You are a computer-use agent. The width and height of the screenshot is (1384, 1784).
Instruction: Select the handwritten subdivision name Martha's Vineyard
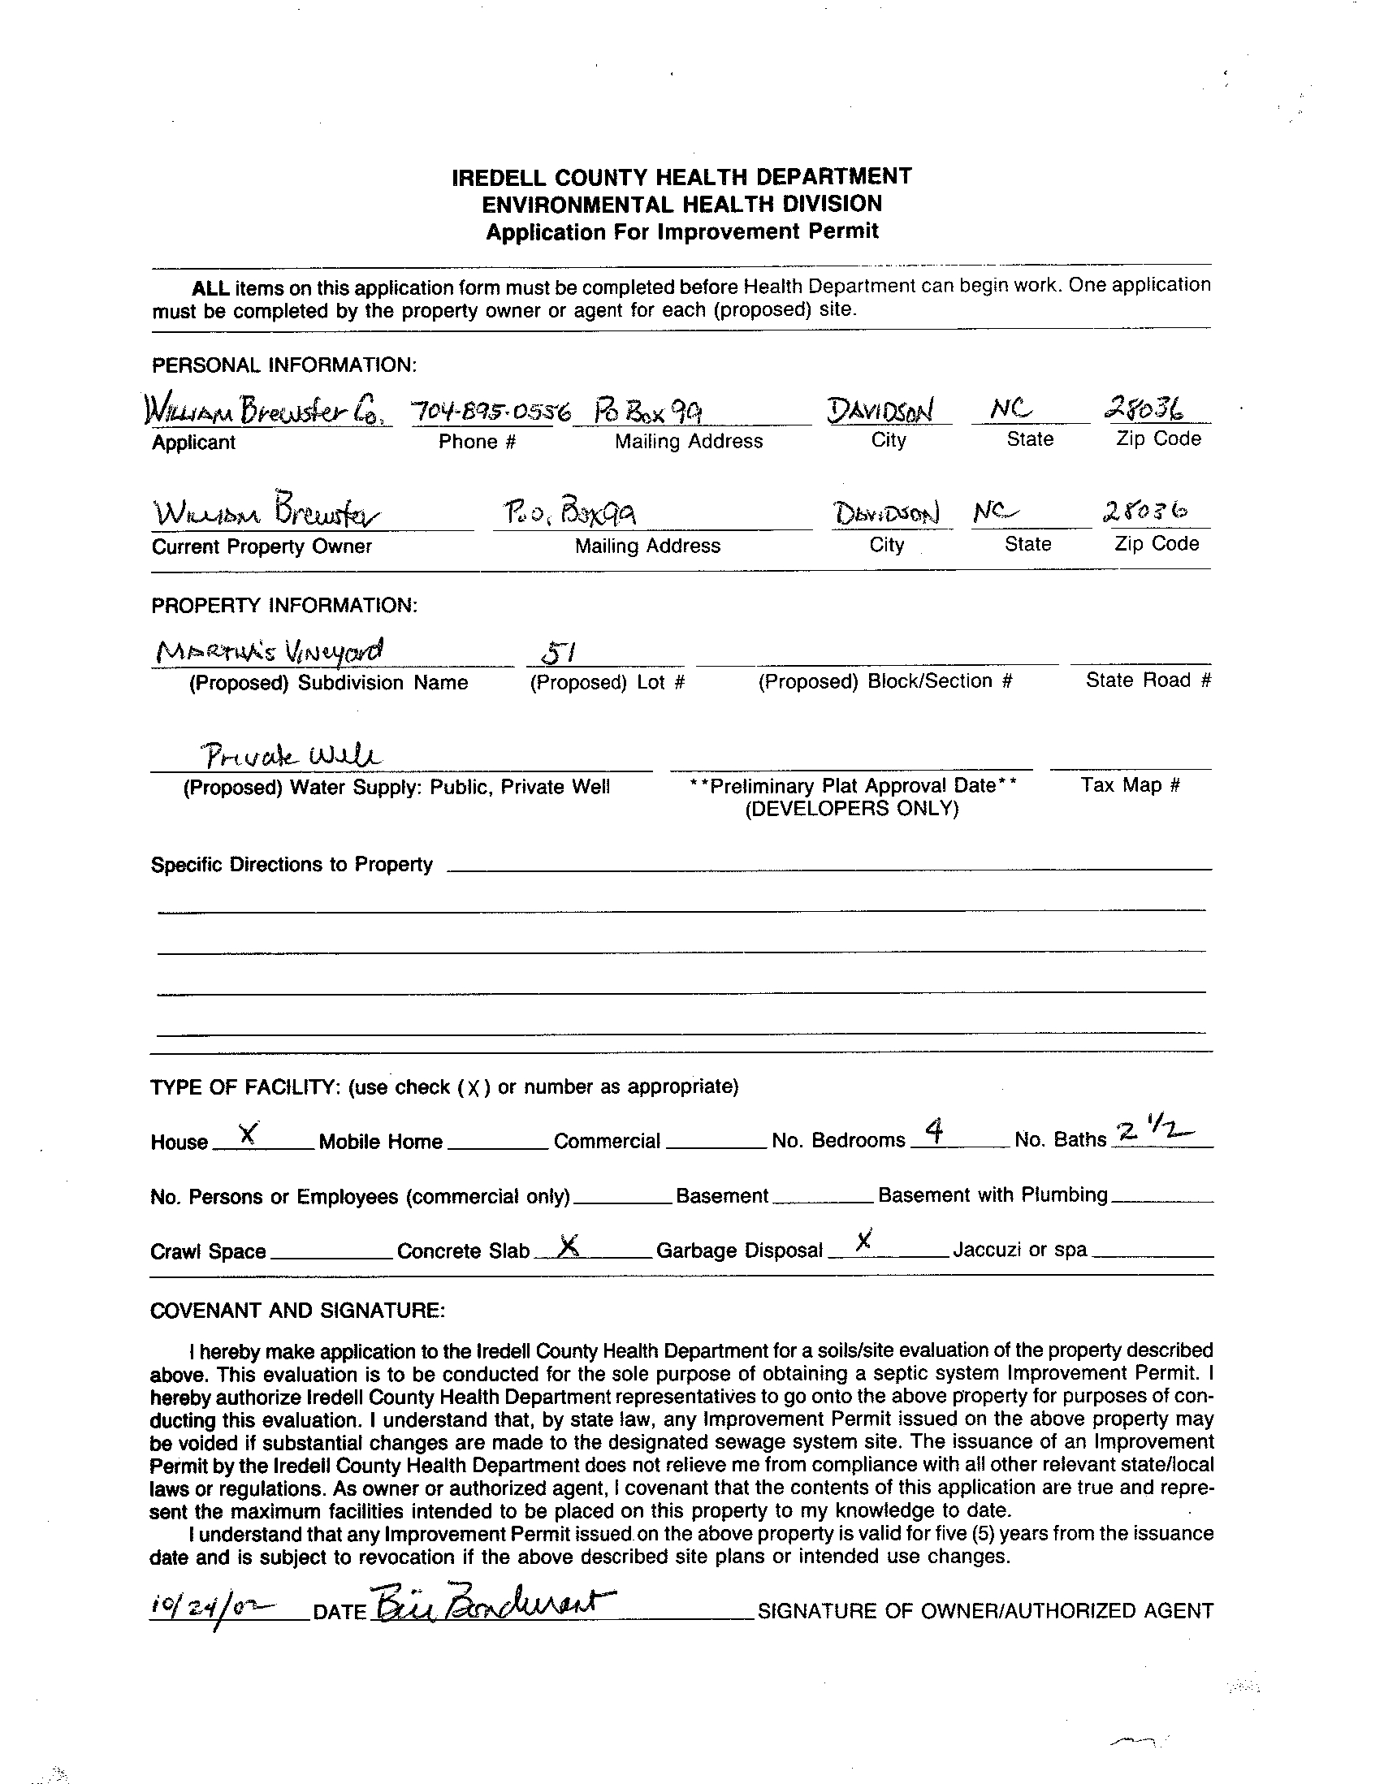(269, 652)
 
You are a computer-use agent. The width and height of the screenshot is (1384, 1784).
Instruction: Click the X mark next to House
(249, 1132)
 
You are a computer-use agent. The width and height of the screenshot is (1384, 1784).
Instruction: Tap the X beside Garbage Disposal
(863, 1241)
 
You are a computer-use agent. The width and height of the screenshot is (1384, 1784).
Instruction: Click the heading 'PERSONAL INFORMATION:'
(284, 365)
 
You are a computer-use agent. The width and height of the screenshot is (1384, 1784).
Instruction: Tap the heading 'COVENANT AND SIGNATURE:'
(297, 1311)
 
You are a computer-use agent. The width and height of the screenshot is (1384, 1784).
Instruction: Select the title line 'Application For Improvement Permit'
(682, 232)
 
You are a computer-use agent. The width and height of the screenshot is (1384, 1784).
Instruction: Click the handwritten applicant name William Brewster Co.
(266, 412)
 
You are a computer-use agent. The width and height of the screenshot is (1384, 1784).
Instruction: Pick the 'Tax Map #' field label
(1130, 785)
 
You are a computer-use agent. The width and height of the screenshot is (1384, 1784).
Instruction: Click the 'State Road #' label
(1148, 680)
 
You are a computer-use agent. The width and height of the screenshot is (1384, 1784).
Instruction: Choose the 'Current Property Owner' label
(262, 546)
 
